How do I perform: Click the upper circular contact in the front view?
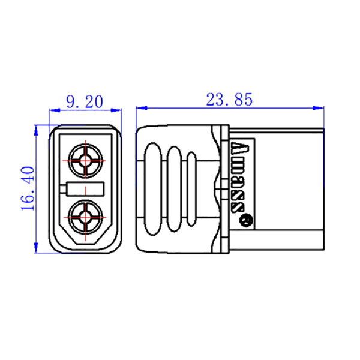click(85, 160)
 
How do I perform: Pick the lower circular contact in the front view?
click(85, 217)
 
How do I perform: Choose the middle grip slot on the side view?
click(175, 188)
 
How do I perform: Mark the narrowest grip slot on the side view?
click(192, 188)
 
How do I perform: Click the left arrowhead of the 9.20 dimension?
click(52, 110)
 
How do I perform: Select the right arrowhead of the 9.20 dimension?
click(117, 110)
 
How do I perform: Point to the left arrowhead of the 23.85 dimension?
click(140, 108)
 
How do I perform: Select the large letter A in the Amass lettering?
click(241, 148)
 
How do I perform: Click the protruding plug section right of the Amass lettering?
click(288, 188)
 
